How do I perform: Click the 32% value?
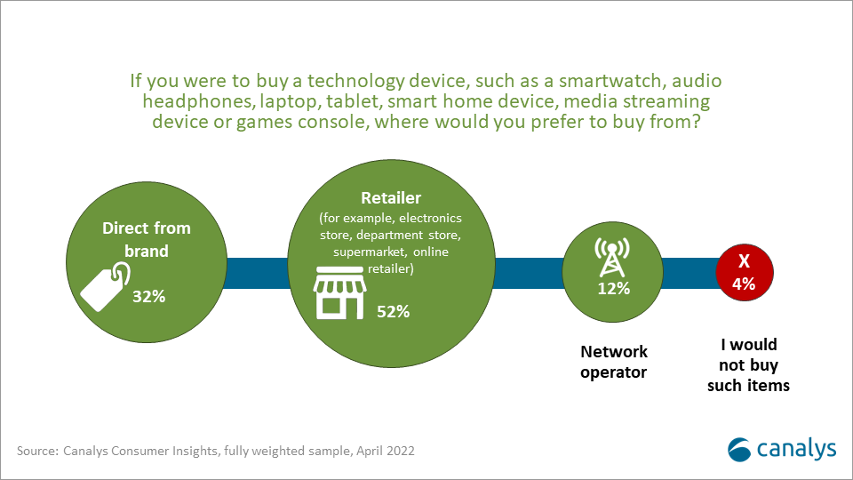tap(149, 296)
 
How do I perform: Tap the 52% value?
tap(392, 311)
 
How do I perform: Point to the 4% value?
tap(744, 284)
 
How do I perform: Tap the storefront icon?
tap(339, 296)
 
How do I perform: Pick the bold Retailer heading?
tap(392, 196)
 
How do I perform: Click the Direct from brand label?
tap(147, 240)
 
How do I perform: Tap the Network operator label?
tap(613, 362)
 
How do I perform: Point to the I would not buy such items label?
tap(748, 364)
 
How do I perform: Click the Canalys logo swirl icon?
tap(740, 449)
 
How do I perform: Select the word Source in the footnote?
tap(36, 451)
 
